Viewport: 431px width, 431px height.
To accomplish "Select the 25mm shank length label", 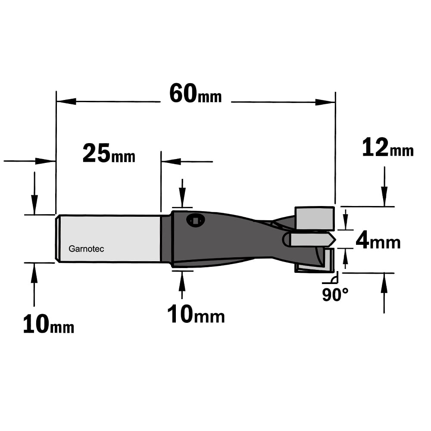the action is [109, 153].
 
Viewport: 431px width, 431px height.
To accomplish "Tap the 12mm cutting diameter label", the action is [388, 147].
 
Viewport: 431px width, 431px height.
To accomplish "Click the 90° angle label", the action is [335, 295].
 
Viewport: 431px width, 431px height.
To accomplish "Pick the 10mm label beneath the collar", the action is [196, 315].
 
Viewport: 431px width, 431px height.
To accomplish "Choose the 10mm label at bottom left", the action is [49, 325].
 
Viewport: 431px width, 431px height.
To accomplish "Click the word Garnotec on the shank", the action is [86, 249].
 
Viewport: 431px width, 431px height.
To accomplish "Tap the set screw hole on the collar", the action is [195, 220].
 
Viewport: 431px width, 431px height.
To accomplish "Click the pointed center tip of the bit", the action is [335, 240].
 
